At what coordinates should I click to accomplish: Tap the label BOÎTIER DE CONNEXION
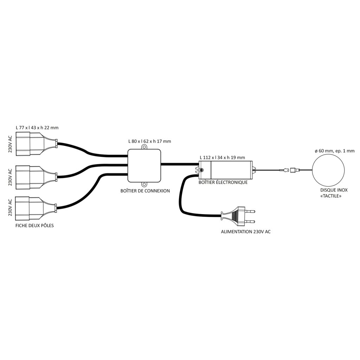(145, 191)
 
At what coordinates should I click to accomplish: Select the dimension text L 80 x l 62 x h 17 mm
(150, 141)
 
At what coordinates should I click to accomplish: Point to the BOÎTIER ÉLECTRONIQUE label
(223, 182)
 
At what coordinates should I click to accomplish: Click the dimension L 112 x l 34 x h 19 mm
(222, 157)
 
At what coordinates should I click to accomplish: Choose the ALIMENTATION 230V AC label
(246, 232)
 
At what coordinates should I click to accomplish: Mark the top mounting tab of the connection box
(144, 147)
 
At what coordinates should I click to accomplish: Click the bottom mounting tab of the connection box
(144, 184)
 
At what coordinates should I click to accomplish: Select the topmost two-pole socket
(37, 144)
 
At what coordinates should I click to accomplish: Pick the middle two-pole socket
(37, 177)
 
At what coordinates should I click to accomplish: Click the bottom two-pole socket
(36, 208)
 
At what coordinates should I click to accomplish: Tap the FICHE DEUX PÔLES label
(34, 226)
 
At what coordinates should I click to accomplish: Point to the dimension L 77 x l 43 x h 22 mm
(37, 128)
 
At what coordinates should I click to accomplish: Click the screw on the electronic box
(202, 170)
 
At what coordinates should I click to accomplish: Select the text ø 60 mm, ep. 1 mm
(335, 151)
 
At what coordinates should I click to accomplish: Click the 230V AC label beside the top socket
(10, 144)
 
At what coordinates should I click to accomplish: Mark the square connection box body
(144, 166)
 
